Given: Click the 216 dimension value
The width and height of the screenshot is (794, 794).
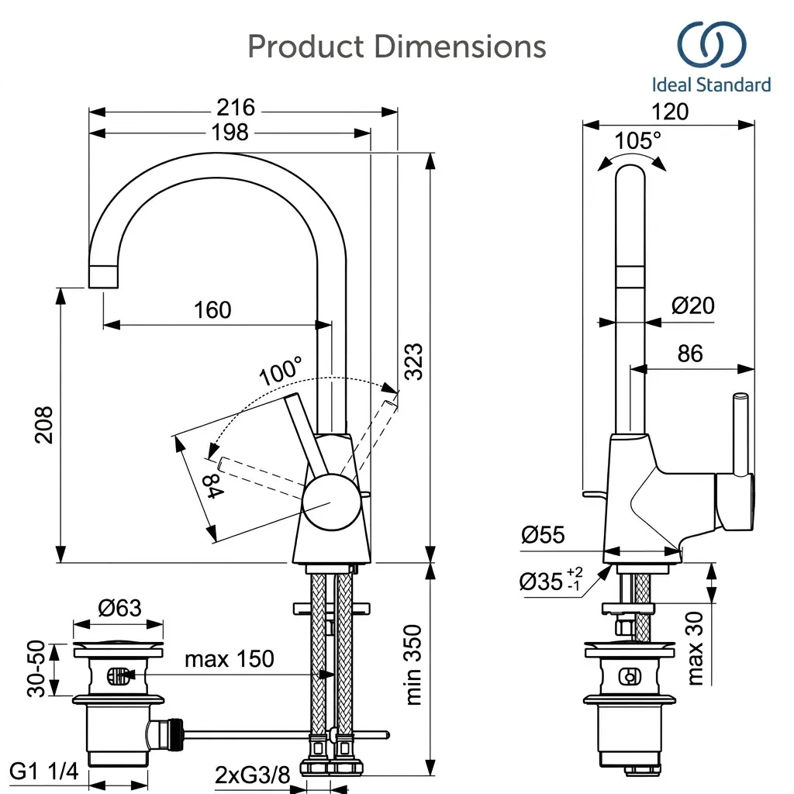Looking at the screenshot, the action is [236, 107].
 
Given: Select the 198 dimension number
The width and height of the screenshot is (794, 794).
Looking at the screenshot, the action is [230, 132].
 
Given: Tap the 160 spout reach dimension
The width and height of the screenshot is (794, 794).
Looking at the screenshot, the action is [212, 309].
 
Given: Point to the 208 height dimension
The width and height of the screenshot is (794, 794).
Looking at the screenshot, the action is [44, 425].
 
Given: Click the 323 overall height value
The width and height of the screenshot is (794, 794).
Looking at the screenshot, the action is [413, 361].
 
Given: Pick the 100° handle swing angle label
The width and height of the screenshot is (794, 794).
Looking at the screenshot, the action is [281, 371].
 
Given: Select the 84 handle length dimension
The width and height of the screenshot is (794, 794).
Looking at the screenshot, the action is [213, 486].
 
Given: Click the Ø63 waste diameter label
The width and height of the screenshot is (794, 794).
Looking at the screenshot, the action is [119, 607].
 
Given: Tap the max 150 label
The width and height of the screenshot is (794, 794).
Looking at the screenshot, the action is [230, 659].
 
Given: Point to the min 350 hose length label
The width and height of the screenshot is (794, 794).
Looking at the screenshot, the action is [414, 665].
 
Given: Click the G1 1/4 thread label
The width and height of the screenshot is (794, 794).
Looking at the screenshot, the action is [44, 772].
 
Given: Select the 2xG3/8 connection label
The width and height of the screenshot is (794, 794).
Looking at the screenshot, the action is [252, 775].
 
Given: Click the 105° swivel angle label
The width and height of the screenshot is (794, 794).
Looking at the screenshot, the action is [637, 140].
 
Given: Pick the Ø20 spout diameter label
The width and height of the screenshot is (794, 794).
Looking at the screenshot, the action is [692, 306].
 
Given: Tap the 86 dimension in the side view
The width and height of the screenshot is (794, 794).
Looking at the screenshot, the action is [690, 353].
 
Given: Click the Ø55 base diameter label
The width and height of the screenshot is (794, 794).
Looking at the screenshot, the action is [543, 535].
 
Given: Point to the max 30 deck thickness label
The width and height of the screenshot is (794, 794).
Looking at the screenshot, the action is [696, 648].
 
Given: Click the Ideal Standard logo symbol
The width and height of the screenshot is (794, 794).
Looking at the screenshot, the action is [712, 44].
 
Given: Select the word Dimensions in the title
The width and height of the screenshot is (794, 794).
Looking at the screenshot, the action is [460, 47].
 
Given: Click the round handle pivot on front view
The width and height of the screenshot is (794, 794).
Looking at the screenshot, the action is [332, 502].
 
